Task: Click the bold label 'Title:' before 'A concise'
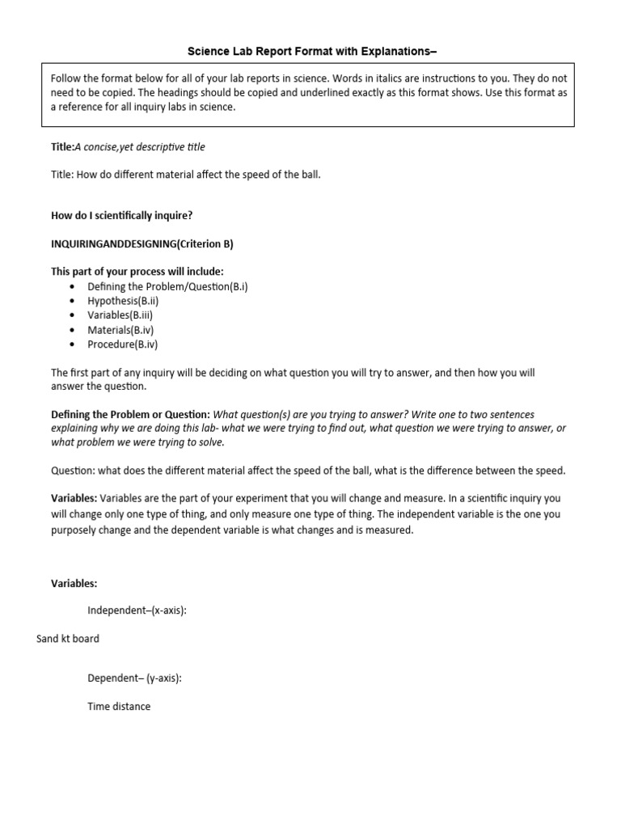pos(62,146)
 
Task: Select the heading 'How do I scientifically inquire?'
pos(122,215)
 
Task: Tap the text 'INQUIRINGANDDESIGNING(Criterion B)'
pos(142,243)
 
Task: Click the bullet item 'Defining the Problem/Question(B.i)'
pos(167,286)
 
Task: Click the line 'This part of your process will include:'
pos(137,272)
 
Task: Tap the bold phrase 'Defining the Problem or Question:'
pos(130,414)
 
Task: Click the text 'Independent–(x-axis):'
pos(137,610)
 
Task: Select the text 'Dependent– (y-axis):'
pos(134,678)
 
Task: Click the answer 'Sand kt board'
pos(68,639)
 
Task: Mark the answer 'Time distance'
pos(119,707)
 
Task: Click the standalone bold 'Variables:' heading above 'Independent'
pos(74,583)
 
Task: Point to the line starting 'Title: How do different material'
pos(186,174)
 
